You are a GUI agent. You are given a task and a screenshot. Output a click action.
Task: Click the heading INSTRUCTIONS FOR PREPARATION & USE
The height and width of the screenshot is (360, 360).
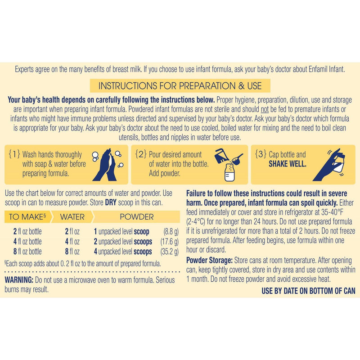(x=180, y=85)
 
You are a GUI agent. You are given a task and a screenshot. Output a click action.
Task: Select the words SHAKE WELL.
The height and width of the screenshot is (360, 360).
(x=287, y=164)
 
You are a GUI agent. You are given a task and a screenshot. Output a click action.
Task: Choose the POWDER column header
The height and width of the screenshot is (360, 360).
(x=136, y=217)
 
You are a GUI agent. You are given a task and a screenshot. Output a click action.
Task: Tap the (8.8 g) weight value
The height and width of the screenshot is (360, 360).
(x=170, y=232)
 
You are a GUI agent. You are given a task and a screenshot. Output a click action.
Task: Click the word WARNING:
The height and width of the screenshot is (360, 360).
(x=18, y=280)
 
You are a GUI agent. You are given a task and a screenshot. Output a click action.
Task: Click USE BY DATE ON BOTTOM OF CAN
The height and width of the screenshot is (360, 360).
(x=308, y=291)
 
